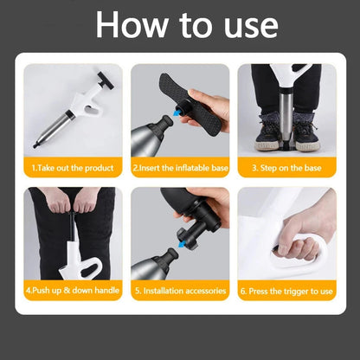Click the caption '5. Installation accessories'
click(181, 291)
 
